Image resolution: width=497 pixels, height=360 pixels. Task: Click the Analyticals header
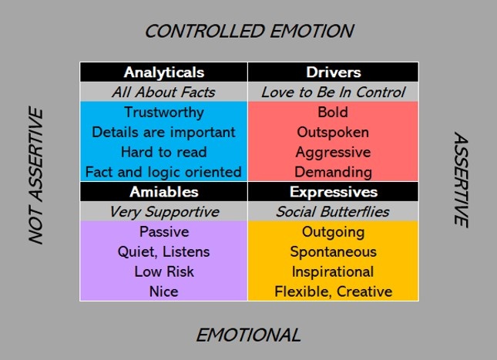click(x=164, y=72)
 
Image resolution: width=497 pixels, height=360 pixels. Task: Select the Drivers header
click(x=334, y=72)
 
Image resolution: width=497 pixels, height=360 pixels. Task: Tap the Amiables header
click(x=164, y=192)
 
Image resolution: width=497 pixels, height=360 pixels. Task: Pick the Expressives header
click(x=334, y=192)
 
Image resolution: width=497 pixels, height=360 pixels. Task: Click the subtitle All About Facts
click(x=163, y=93)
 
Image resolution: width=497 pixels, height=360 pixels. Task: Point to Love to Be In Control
click(x=333, y=93)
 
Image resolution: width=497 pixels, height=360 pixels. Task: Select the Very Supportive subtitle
click(x=164, y=212)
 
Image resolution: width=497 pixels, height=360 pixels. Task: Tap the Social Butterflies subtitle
click(x=333, y=212)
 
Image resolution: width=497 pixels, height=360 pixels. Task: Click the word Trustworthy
click(x=164, y=113)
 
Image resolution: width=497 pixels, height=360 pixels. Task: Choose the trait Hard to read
click(x=164, y=152)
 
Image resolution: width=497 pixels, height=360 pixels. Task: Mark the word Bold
click(x=333, y=113)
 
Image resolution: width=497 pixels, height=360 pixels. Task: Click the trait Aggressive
click(x=333, y=153)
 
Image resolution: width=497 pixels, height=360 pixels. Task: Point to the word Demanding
click(x=333, y=173)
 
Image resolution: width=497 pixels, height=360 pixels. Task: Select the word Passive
click(x=164, y=232)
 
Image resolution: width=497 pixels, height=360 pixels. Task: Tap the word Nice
click(x=164, y=291)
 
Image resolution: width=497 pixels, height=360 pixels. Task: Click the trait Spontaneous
click(x=334, y=252)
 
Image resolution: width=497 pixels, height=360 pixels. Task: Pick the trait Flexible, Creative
click(x=334, y=291)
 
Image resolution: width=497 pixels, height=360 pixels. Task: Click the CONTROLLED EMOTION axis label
click(x=249, y=32)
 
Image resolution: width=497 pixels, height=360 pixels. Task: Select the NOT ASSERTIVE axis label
click(x=35, y=176)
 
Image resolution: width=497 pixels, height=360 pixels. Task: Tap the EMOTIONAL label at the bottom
click(x=248, y=335)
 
